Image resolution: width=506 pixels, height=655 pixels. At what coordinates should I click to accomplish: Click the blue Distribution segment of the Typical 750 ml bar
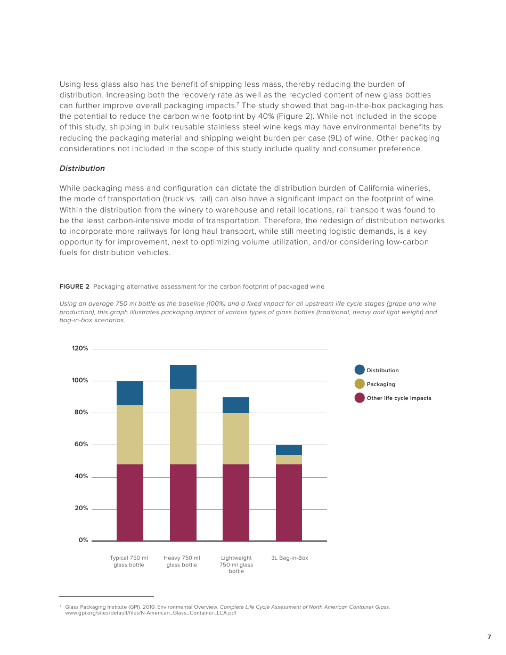(x=130, y=393)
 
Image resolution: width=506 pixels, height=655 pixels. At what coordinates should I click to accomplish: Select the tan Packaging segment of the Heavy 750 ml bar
(x=183, y=426)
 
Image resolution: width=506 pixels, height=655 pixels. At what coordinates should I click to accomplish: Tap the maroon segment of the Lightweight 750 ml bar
(x=236, y=502)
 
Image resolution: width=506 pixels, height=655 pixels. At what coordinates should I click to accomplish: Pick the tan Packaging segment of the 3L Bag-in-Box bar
(x=289, y=459)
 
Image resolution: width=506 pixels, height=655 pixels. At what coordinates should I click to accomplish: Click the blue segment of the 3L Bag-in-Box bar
(x=289, y=449)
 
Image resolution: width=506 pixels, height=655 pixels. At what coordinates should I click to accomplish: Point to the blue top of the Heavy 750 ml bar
(x=183, y=376)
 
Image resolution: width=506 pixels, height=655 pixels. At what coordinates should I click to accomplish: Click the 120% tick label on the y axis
(x=80, y=348)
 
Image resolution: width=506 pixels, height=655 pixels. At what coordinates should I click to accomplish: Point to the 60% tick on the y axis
(x=80, y=444)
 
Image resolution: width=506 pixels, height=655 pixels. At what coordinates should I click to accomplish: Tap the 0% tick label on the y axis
(x=83, y=540)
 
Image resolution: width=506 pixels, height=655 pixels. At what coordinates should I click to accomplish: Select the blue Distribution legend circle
(x=360, y=370)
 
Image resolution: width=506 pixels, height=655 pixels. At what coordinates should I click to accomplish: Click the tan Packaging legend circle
(x=360, y=384)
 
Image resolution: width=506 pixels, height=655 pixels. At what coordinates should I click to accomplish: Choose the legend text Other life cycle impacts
(x=399, y=398)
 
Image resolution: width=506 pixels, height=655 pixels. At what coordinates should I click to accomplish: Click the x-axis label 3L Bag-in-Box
(x=289, y=558)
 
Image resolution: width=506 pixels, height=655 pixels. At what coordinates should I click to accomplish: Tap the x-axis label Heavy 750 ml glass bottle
(x=182, y=561)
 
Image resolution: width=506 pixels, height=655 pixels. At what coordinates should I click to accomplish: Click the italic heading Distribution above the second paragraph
(x=82, y=168)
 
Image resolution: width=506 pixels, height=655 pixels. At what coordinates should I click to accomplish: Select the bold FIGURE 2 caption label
(x=74, y=286)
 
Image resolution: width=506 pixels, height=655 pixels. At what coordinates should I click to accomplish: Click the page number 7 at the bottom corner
(x=489, y=637)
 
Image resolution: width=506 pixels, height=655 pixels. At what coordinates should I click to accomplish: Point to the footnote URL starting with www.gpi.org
(x=150, y=613)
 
